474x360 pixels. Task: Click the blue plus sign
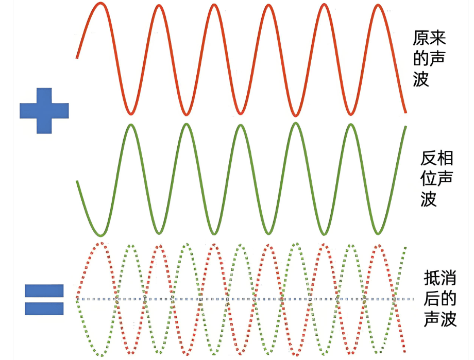(44, 111)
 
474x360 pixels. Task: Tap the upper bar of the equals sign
(44, 291)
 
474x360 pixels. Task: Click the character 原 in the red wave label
(421, 39)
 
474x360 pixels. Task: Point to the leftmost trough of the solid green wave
(101, 235)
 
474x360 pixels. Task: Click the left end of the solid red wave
(77, 58)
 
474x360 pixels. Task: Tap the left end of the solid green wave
(77, 181)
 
